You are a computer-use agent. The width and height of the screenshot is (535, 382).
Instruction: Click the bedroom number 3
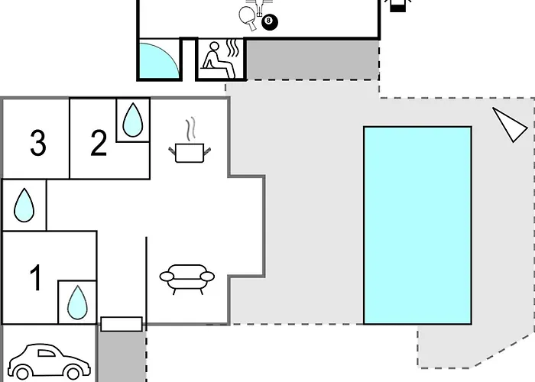(x=38, y=143)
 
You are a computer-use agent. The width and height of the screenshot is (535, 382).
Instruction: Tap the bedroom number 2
(x=99, y=143)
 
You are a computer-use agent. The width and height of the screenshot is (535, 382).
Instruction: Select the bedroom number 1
(x=36, y=277)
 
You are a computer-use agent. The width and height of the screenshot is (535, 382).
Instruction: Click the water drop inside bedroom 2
(x=133, y=120)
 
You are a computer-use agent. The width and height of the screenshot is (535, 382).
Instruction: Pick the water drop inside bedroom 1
(x=77, y=303)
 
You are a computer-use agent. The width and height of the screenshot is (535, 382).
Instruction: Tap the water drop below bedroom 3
(x=24, y=205)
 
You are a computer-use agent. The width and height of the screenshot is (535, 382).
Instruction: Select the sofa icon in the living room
(x=187, y=279)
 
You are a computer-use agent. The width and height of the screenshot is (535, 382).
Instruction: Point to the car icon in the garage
(x=50, y=362)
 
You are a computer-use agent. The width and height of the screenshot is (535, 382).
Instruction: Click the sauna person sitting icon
(x=219, y=60)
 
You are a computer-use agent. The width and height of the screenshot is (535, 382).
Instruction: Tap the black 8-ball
(x=270, y=22)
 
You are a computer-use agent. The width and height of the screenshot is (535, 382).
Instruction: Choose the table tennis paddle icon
(x=248, y=18)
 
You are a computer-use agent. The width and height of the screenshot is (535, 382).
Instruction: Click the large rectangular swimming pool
(x=418, y=225)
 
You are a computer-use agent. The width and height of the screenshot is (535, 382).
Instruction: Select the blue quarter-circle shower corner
(x=157, y=60)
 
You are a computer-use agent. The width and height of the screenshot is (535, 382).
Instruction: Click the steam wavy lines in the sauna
(x=232, y=48)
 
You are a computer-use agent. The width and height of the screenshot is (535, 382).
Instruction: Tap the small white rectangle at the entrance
(x=122, y=324)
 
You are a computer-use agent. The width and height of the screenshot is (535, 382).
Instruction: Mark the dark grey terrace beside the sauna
(x=313, y=60)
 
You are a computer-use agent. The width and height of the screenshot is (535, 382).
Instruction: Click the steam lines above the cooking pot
(x=191, y=128)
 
